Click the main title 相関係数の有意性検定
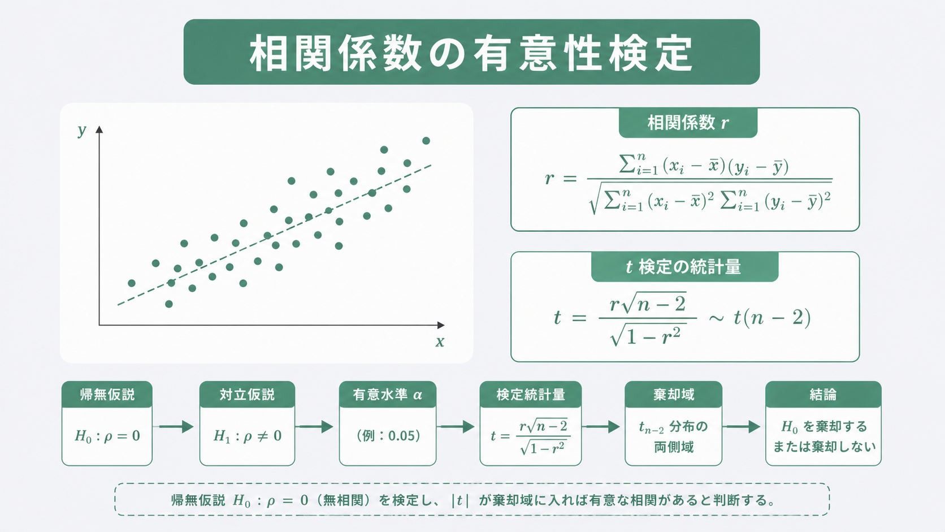tap(471, 53)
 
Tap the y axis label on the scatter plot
tap(82, 131)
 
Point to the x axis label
tap(440, 341)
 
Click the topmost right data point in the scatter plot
tap(426, 140)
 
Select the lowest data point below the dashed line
tap(169, 304)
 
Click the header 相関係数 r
tap(688, 123)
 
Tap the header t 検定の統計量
tap(684, 267)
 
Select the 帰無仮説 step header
tap(107, 395)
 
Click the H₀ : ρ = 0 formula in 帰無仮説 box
tap(107, 436)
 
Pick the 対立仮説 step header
tap(247, 395)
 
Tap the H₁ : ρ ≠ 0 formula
tap(248, 436)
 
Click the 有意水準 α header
tap(387, 395)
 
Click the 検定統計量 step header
tap(531, 395)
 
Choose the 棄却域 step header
tap(674, 395)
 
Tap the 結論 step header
tap(823, 395)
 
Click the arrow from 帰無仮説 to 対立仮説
tap(176, 426)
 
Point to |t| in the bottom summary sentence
tap(460, 501)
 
